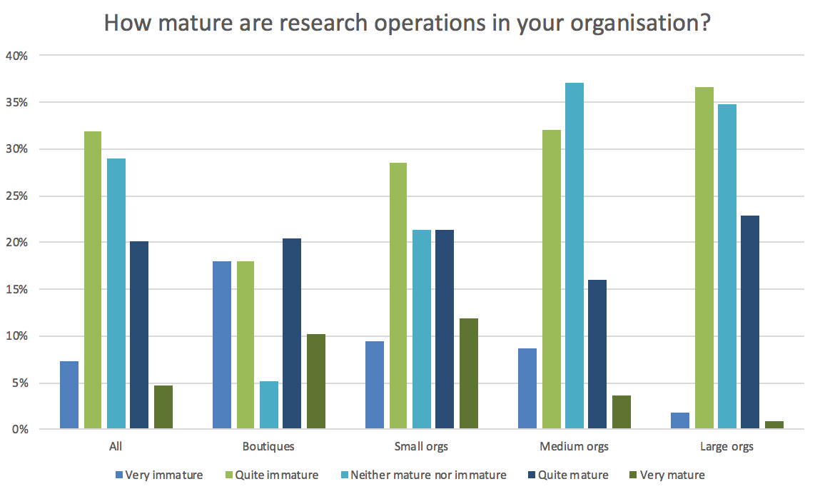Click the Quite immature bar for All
[x=93, y=280]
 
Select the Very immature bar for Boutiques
[x=222, y=345]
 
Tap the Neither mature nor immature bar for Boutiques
[x=269, y=405]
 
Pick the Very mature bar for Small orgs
[x=469, y=373]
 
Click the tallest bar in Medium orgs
[x=574, y=256]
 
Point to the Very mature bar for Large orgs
[x=774, y=425]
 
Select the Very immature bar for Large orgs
[x=680, y=420]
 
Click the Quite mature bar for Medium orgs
[x=597, y=354]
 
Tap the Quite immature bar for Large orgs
[x=704, y=258]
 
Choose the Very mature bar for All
[x=163, y=407]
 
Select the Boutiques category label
[x=268, y=447]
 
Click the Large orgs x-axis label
[x=727, y=447]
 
